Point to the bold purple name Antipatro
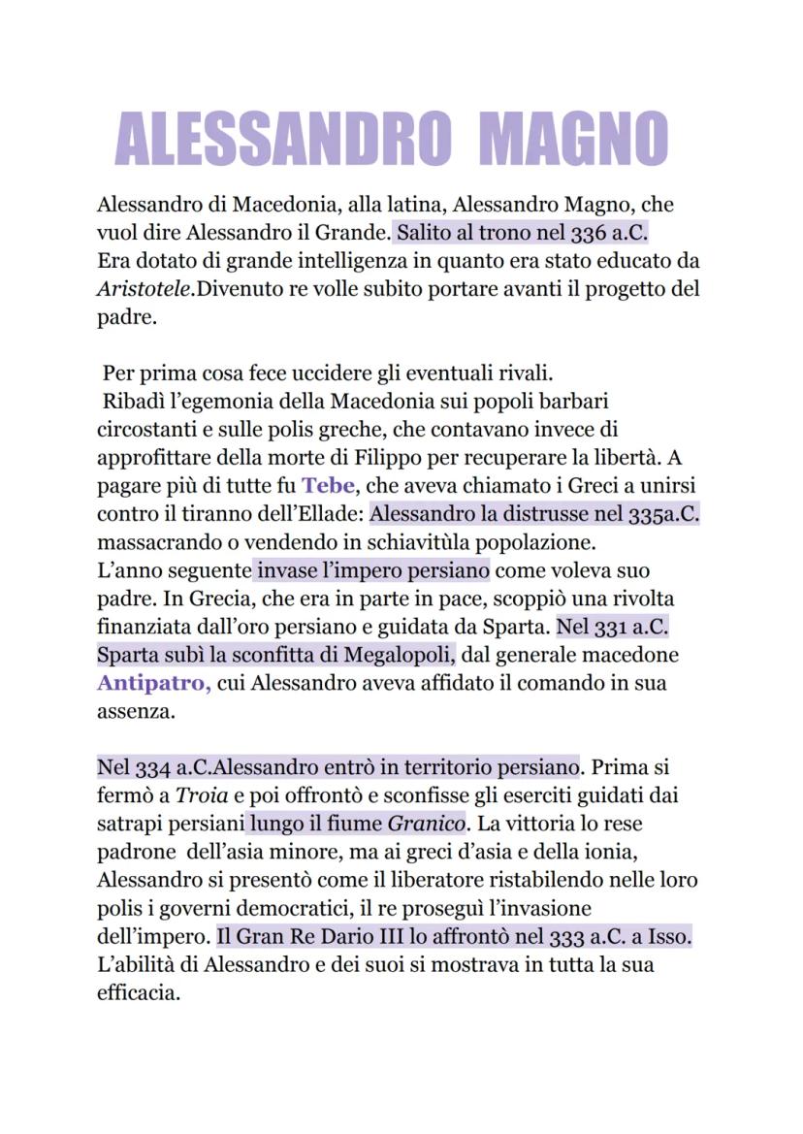click(153, 682)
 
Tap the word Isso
click(669, 939)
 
